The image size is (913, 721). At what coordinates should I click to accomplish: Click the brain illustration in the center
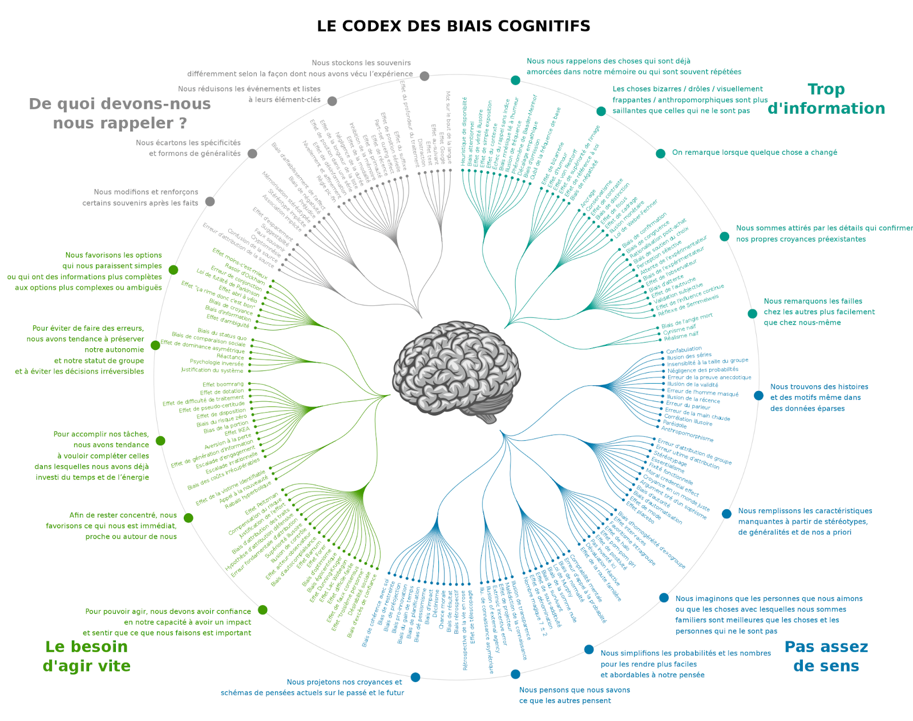pyautogui.click(x=456, y=371)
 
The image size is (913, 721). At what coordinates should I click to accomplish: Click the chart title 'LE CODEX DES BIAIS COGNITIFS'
pyautogui.click(x=454, y=26)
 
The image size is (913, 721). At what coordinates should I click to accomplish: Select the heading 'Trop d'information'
pyautogui.click(x=826, y=99)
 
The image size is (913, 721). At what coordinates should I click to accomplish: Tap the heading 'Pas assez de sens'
pyautogui.click(x=826, y=656)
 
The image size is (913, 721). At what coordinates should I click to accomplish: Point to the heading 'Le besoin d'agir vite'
pyautogui.click(x=87, y=656)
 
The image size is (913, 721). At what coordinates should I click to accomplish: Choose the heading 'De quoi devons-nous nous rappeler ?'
pyautogui.click(x=120, y=113)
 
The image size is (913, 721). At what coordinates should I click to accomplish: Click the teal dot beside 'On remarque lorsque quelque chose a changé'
pyautogui.click(x=660, y=154)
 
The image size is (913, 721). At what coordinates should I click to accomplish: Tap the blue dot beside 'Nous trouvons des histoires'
pyautogui.click(x=758, y=396)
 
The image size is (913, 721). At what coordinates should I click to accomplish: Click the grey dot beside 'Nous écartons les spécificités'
pyautogui.click(x=252, y=154)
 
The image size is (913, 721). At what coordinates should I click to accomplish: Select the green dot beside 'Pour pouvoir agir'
pyautogui.click(x=262, y=610)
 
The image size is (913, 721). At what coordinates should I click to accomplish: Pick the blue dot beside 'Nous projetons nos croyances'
pyautogui.click(x=415, y=677)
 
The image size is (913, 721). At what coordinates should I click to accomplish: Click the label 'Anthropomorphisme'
pyautogui.click(x=687, y=434)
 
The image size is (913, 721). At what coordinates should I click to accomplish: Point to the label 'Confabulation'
pyautogui.click(x=684, y=349)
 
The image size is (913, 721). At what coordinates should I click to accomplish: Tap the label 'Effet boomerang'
pyautogui.click(x=223, y=385)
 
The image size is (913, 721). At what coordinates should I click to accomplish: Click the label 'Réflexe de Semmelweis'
pyautogui.click(x=688, y=305)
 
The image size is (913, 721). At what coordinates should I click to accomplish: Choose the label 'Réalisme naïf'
pyautogui.click(x=681, y=336)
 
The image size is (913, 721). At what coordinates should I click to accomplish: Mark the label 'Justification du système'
pyautogui.click(x=212, y=370)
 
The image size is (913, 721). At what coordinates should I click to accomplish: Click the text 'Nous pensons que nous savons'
pyautogui.click(x=575, y=690)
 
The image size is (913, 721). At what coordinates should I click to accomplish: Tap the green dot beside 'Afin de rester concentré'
pyautogui.click(x=188, y=518)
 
